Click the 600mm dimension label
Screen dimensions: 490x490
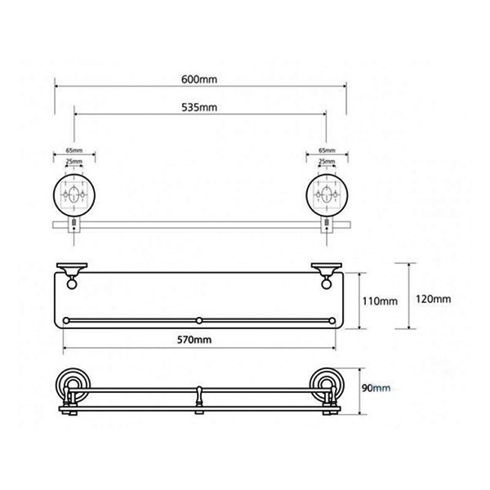tap(199, 79)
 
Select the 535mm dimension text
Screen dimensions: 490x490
tap(199, 108)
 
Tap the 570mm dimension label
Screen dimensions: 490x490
tap(194, 340)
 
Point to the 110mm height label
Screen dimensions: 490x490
tap(380, 301)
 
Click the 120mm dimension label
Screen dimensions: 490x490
tap(433, 299)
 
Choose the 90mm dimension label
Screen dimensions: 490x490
tap(376, 388)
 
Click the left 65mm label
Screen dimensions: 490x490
tap(74, 150)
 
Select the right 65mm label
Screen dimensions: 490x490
tap(327, 150)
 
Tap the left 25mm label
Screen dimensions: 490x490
tap(74, 162)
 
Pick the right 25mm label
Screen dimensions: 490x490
tap(327, 162)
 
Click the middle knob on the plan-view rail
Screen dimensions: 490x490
tap(199, 321)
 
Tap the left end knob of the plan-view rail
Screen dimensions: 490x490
tap(66, 321)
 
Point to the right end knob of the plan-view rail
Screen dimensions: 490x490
tap(332, 321)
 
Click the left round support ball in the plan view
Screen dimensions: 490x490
tap(72, 284)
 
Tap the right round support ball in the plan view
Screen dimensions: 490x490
tap(327, 284)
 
